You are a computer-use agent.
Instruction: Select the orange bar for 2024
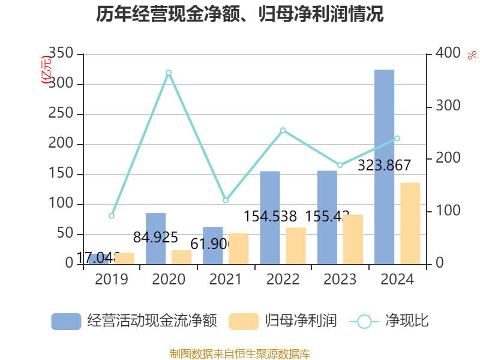coord(410,223)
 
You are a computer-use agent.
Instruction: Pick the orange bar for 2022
coord(296,245)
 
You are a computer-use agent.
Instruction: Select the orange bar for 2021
coord(239,248)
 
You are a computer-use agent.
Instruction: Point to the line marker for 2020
coord(169,73)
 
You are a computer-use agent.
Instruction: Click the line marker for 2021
coord(226,200)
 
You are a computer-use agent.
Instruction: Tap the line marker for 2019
coord(112,216)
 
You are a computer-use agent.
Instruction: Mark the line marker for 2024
coord(397,139)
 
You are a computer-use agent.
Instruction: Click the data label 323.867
coord(384,166)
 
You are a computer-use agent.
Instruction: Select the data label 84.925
coord(156,238)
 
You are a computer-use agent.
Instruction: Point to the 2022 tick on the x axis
coord(283,280)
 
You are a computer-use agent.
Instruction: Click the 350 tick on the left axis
coord(62,54)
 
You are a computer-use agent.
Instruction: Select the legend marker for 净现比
coord(364,322)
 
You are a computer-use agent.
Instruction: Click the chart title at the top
coord(240,14)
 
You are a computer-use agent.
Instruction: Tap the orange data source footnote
coord(240,354)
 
